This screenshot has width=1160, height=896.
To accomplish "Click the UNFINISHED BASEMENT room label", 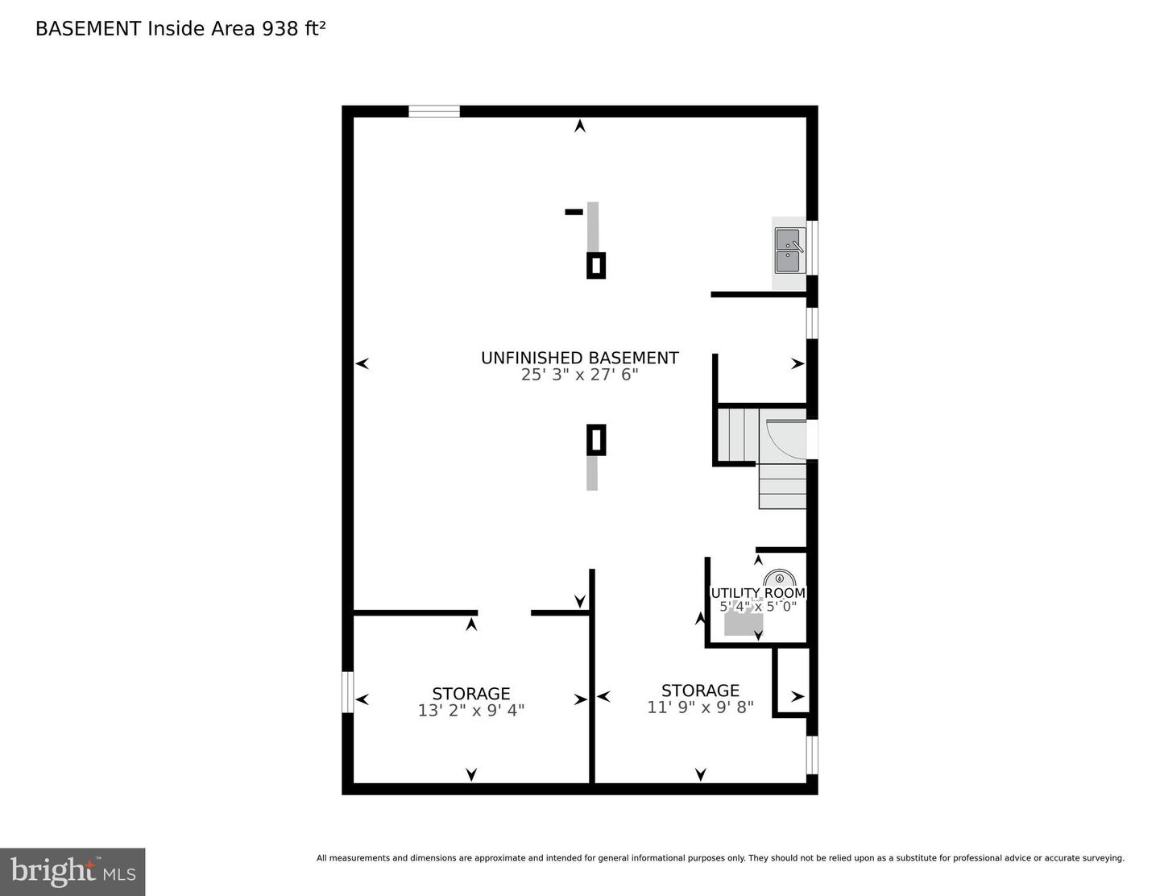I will click(x=579, y=358).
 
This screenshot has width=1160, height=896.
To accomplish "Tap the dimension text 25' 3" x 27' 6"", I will click(x=579, y=375).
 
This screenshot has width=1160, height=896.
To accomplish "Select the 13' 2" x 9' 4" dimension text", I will click(x=471, y=711).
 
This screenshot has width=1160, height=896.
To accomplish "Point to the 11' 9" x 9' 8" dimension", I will click(x=700, y=707).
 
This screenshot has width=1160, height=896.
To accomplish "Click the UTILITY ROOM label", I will click(x=757, y=593).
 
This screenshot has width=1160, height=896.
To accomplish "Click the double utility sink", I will click(x=789, y=251).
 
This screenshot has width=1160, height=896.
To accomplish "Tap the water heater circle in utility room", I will click(x=779, y=579).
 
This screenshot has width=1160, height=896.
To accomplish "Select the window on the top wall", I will click(x=433, y=112).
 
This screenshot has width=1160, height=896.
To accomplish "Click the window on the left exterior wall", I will click(x=348, y=692).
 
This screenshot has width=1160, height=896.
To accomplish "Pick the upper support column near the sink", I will click(x=595, y=265).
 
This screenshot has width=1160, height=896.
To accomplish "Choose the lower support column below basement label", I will click(x=595, y=440).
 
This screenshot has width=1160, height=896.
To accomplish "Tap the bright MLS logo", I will click(x=72, y=872).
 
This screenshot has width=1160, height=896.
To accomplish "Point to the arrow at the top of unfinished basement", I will click(x=579, y=126).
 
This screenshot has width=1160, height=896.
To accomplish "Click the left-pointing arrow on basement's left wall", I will click(x=362, y=363).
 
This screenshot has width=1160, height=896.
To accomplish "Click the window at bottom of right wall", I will click(x=812, y=755).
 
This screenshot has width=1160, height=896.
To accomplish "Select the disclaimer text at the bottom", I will click(x=720, y=858).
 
